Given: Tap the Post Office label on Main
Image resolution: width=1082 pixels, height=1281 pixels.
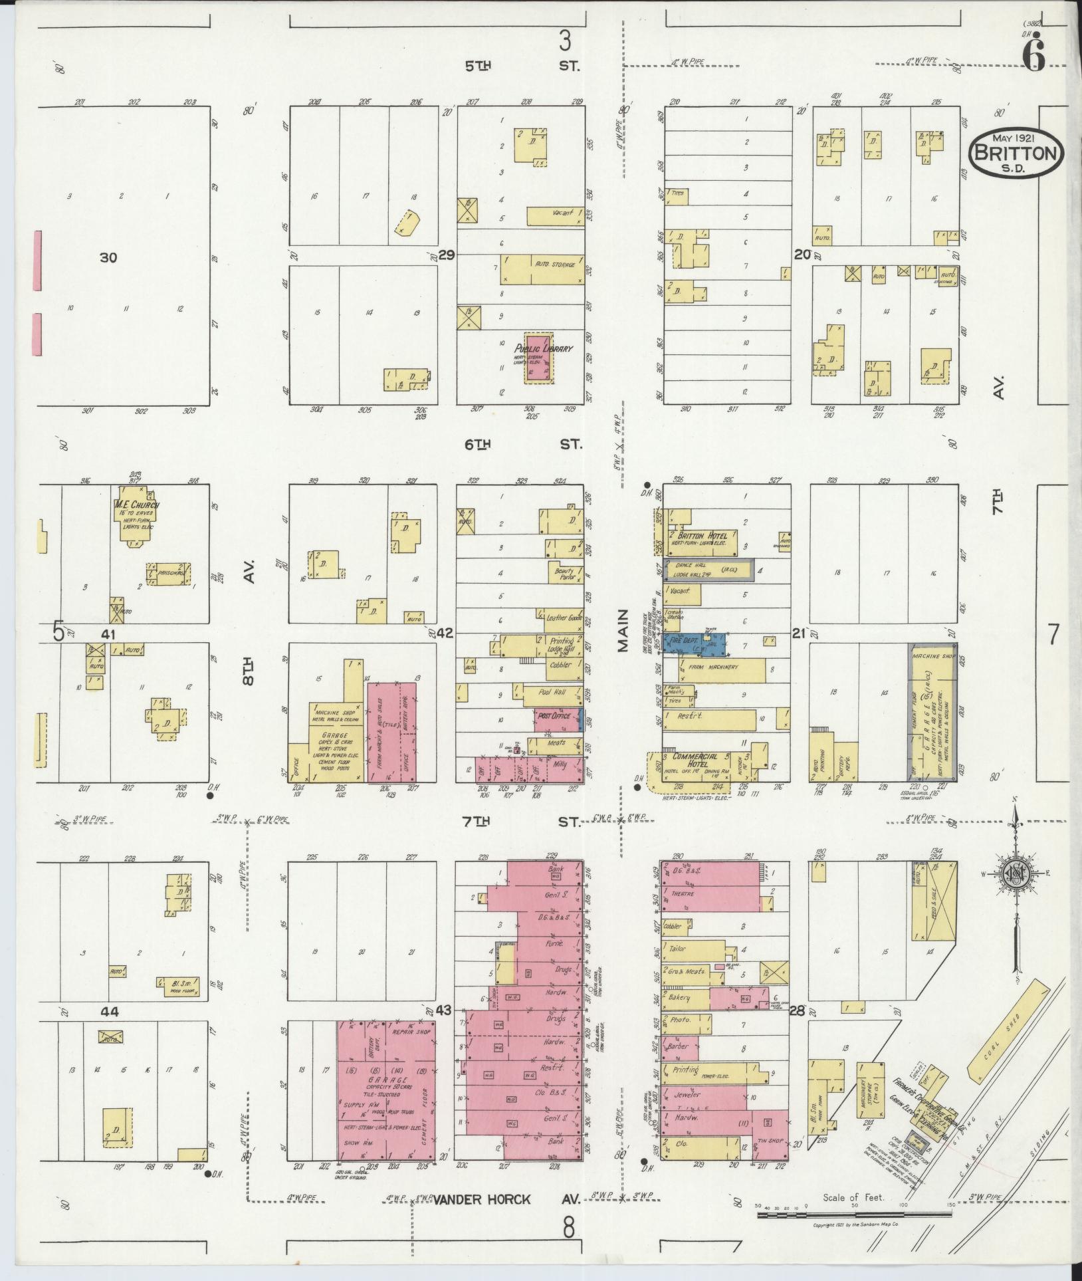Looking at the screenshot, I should (x=555, y=716).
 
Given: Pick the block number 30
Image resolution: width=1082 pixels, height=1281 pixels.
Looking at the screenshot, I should (x=108, y=257).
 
